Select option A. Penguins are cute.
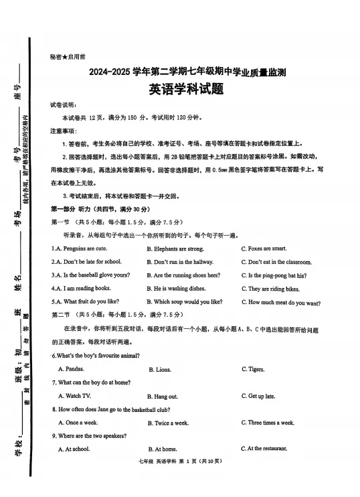click(79, 248)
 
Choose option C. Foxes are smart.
click(264, 248)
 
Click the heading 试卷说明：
click(64, 105)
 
